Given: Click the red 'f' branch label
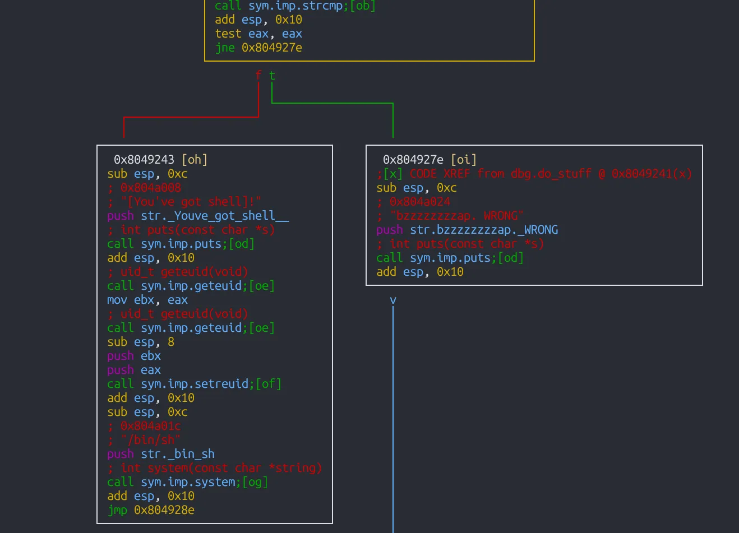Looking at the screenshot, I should point(258,75).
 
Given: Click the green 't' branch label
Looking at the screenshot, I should point(272,75).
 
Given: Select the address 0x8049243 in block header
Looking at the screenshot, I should point(144,160).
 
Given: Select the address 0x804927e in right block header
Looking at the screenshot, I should point(413,160).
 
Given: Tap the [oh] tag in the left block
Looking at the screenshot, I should point(195,160).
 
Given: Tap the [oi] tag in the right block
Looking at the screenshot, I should point(464,160).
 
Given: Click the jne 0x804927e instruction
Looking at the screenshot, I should point(258,48).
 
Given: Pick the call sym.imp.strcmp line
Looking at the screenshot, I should point(295,6).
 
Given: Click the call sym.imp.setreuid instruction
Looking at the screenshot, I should point(194,384).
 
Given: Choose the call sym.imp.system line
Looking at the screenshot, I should point(187,482).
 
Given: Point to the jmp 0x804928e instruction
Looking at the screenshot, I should point(151,510).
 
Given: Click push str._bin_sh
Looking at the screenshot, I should point(161,454).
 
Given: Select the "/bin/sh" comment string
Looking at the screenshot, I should point(150,440).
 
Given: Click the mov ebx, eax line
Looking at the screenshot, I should point(147,300).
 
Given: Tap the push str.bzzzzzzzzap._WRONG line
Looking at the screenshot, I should point(467,230).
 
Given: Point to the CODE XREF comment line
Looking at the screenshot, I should point(534,174).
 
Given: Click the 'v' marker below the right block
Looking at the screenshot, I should point(393,300).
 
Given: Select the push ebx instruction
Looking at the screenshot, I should point(134,356).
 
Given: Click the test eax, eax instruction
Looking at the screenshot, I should point(258,34).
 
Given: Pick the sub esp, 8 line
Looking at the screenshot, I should point(141,342).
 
